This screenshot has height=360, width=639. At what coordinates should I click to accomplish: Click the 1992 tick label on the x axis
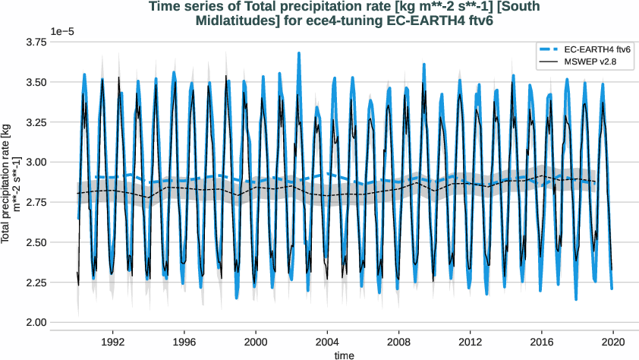click(113, 342)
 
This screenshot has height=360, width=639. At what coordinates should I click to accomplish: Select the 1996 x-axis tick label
click(184, 342)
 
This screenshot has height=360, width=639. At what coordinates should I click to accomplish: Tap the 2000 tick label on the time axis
click(256, 342)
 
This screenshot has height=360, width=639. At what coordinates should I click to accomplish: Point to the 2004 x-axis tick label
click(327, 342)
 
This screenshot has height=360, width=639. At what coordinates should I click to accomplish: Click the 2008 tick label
click(399, 342)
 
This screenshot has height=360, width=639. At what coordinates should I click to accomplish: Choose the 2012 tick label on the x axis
click(471, 342)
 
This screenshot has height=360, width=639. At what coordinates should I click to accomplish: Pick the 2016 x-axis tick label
click(542, 342)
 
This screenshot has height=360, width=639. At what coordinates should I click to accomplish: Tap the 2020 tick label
click(613, 342)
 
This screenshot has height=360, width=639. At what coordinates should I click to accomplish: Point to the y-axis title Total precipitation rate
click(10, 182)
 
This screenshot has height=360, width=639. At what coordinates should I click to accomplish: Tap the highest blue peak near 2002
click(299, 53)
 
